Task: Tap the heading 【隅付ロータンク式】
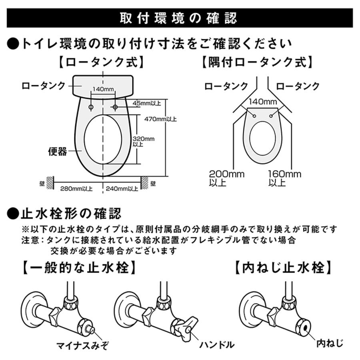click(256, 62)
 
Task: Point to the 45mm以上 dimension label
click(148, 103)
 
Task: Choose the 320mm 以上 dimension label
click(143, 141)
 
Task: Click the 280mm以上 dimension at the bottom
click(76, 188)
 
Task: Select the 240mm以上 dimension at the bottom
click(122, 188)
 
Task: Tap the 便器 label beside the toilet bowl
click(58, 151)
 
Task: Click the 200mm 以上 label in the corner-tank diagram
click(226, 178)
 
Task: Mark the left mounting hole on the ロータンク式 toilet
click(91, 107)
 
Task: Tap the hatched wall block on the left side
click(50, 183)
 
